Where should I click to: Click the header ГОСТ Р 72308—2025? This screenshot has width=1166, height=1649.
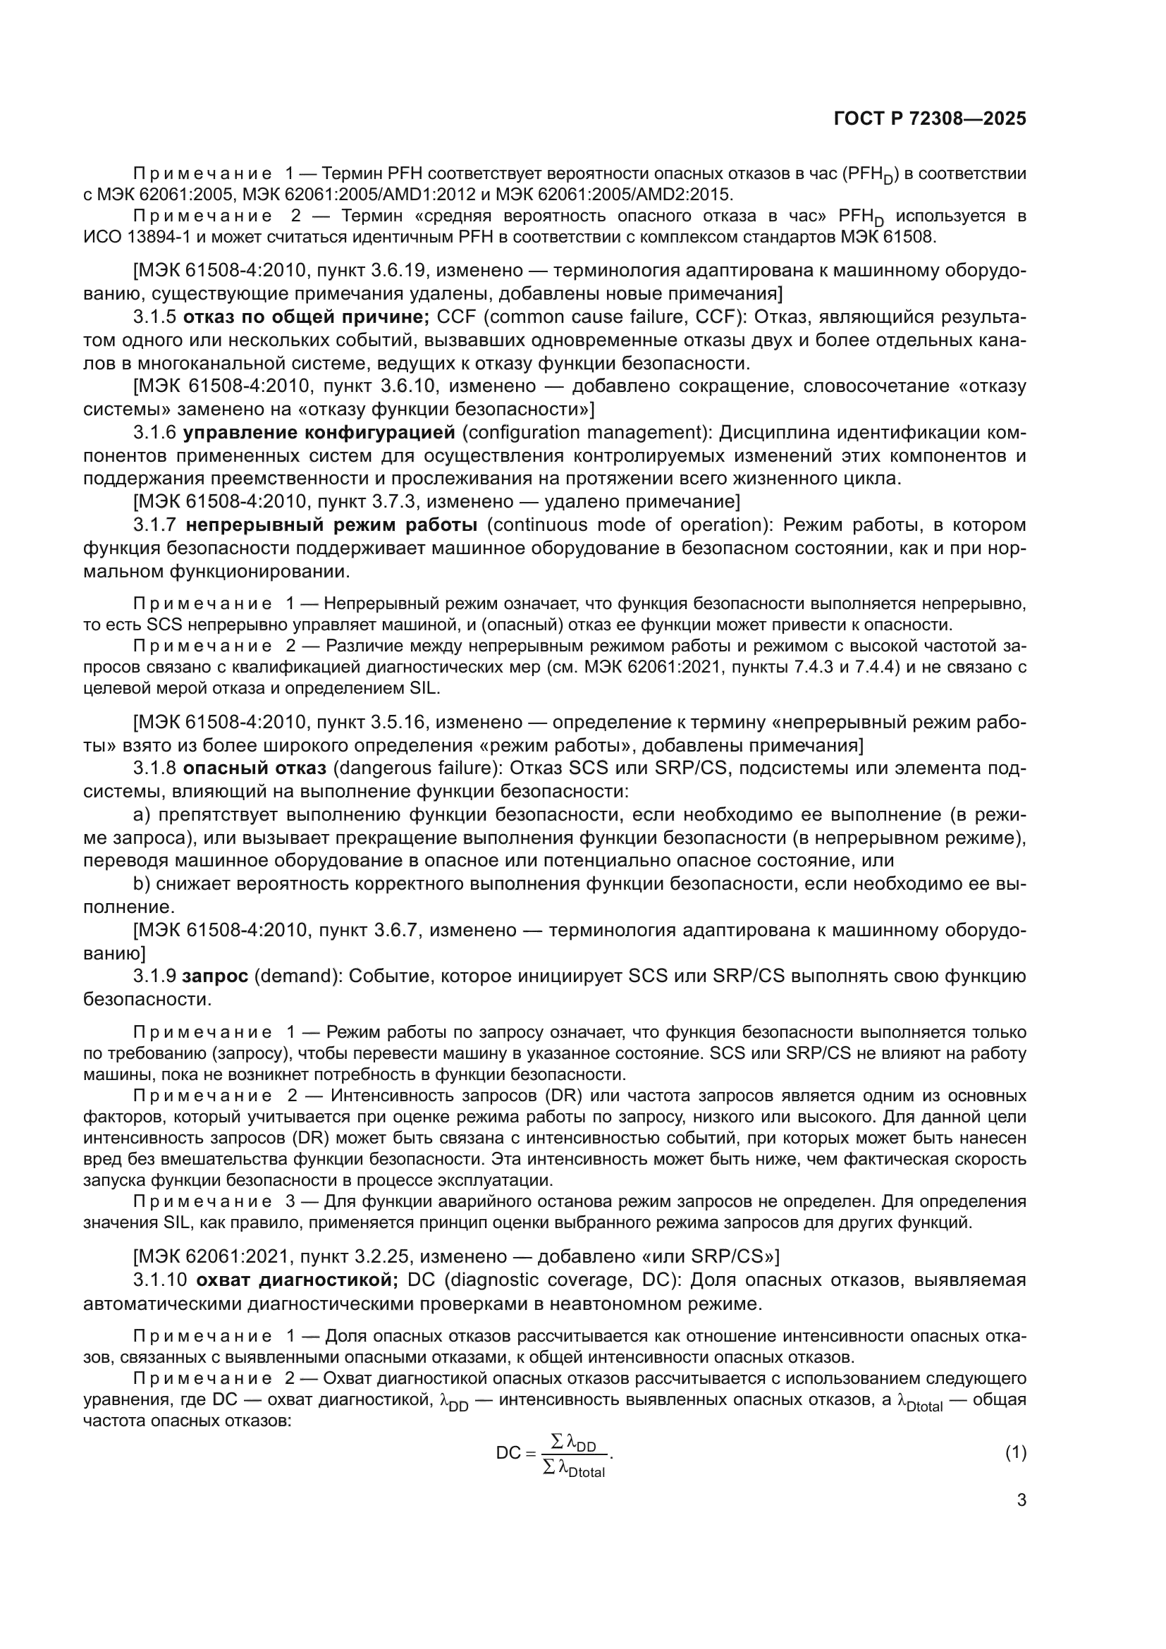(930, 118)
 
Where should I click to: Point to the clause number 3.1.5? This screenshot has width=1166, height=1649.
(154, 317)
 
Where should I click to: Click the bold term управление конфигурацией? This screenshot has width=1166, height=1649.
(319, 432)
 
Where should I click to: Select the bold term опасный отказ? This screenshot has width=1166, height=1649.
(254, 768)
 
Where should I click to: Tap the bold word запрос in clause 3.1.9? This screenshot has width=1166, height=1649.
(216, 976)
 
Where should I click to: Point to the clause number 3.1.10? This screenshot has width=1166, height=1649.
(160, 1280)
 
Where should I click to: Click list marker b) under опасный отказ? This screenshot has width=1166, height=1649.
(142, 883)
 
